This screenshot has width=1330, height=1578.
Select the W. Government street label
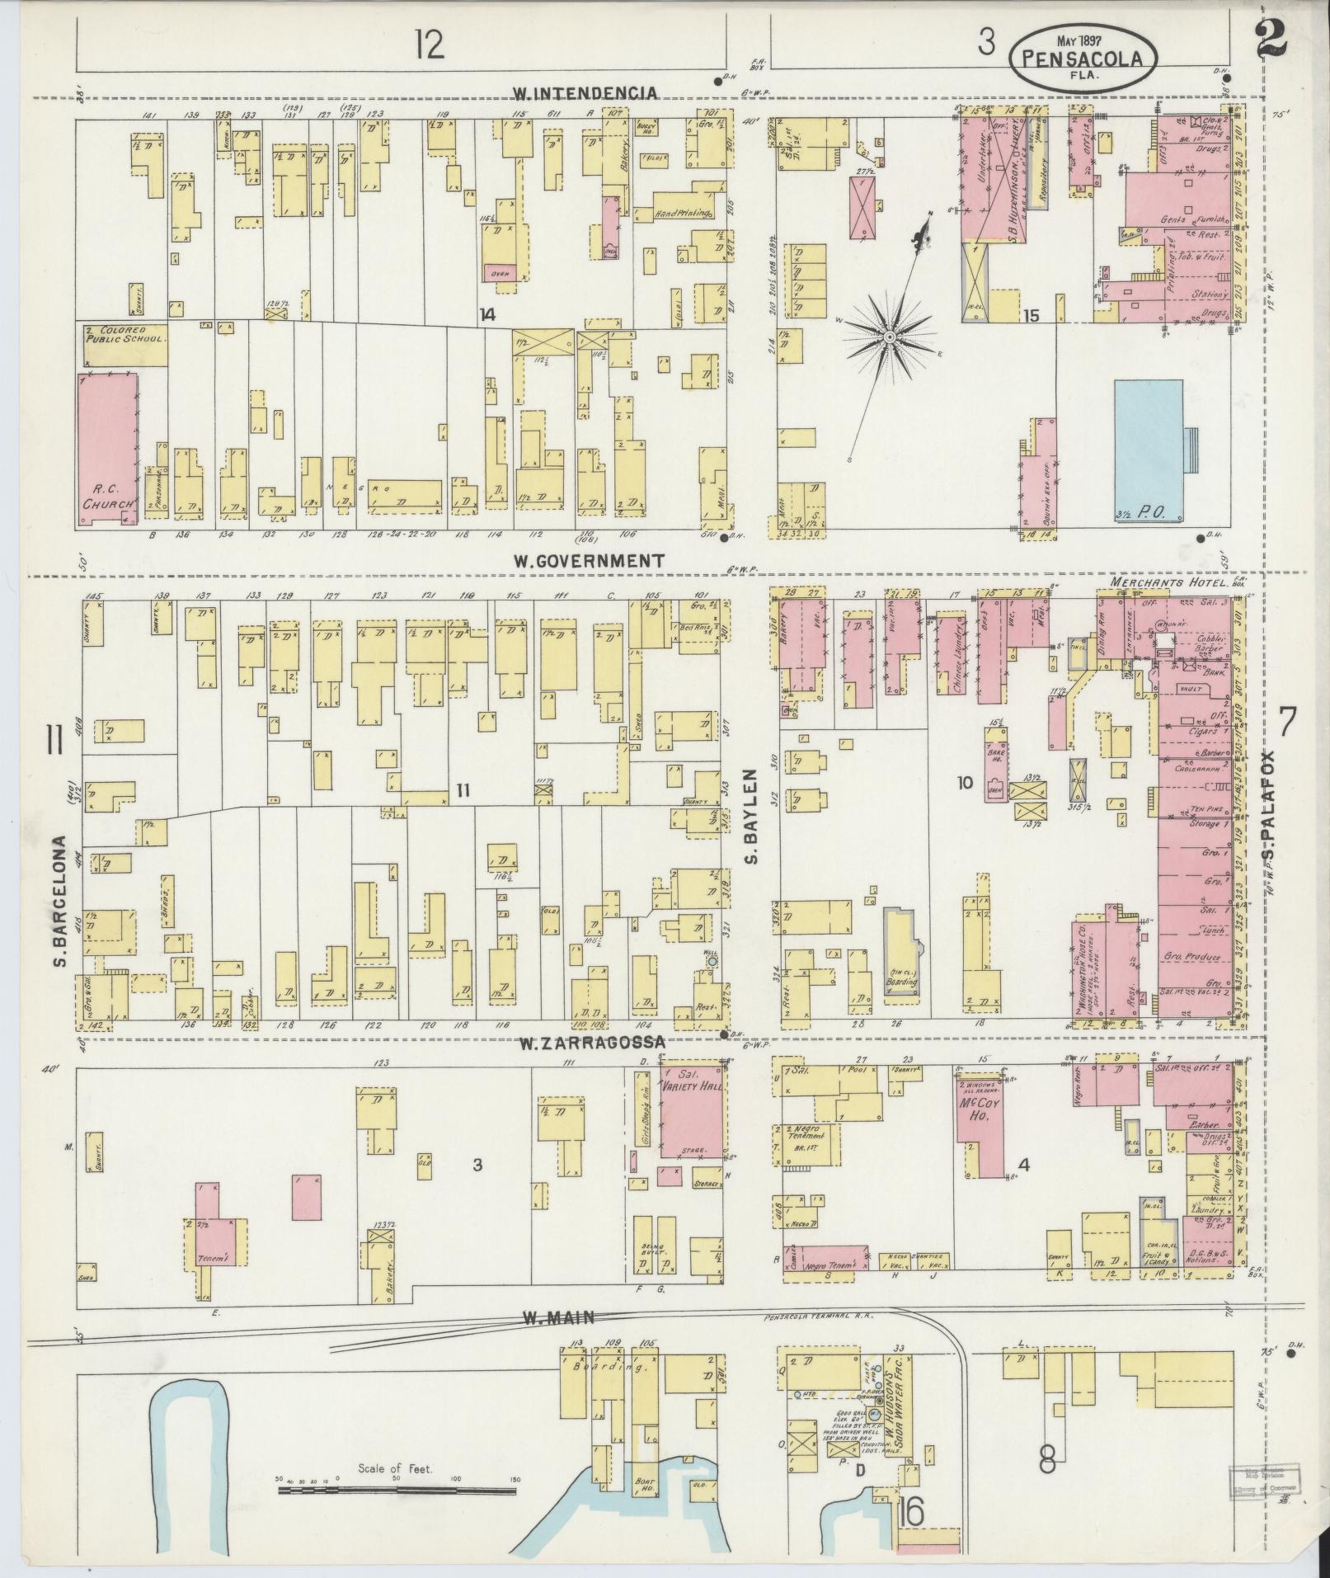coord(588,561)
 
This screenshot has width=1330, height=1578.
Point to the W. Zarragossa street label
coord(592,1044)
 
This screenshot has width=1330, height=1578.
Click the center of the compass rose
coord(891,338)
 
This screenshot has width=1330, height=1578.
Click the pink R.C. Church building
coord(108,450)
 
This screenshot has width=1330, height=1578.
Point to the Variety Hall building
coord(692,1114)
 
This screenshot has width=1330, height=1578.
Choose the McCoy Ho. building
coord(980,1118)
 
